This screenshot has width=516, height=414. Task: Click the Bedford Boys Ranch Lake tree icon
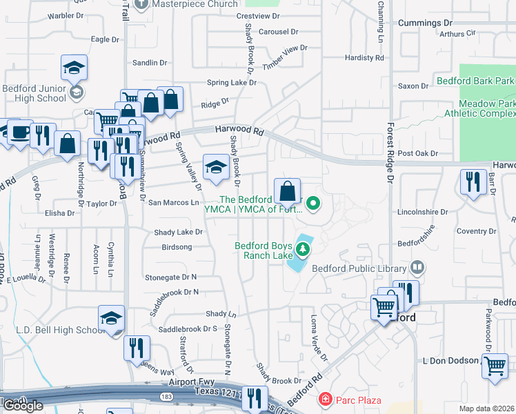(x=302, y=248)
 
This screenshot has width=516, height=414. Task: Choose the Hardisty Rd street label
(x=363, y=58)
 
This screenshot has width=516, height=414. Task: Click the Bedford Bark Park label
(x=475, y=81)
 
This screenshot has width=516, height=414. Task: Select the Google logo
(x=23, y=406)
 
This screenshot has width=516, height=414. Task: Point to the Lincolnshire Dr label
(x=423, y=212)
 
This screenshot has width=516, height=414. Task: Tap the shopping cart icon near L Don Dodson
(x=495, y=366)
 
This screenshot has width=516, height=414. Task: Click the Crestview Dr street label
(x=257, y=15)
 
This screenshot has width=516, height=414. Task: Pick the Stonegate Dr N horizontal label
(x=171, y=277)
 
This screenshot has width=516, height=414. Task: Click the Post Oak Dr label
(x=418, y=153)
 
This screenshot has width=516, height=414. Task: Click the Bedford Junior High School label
(x=34, y=93)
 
